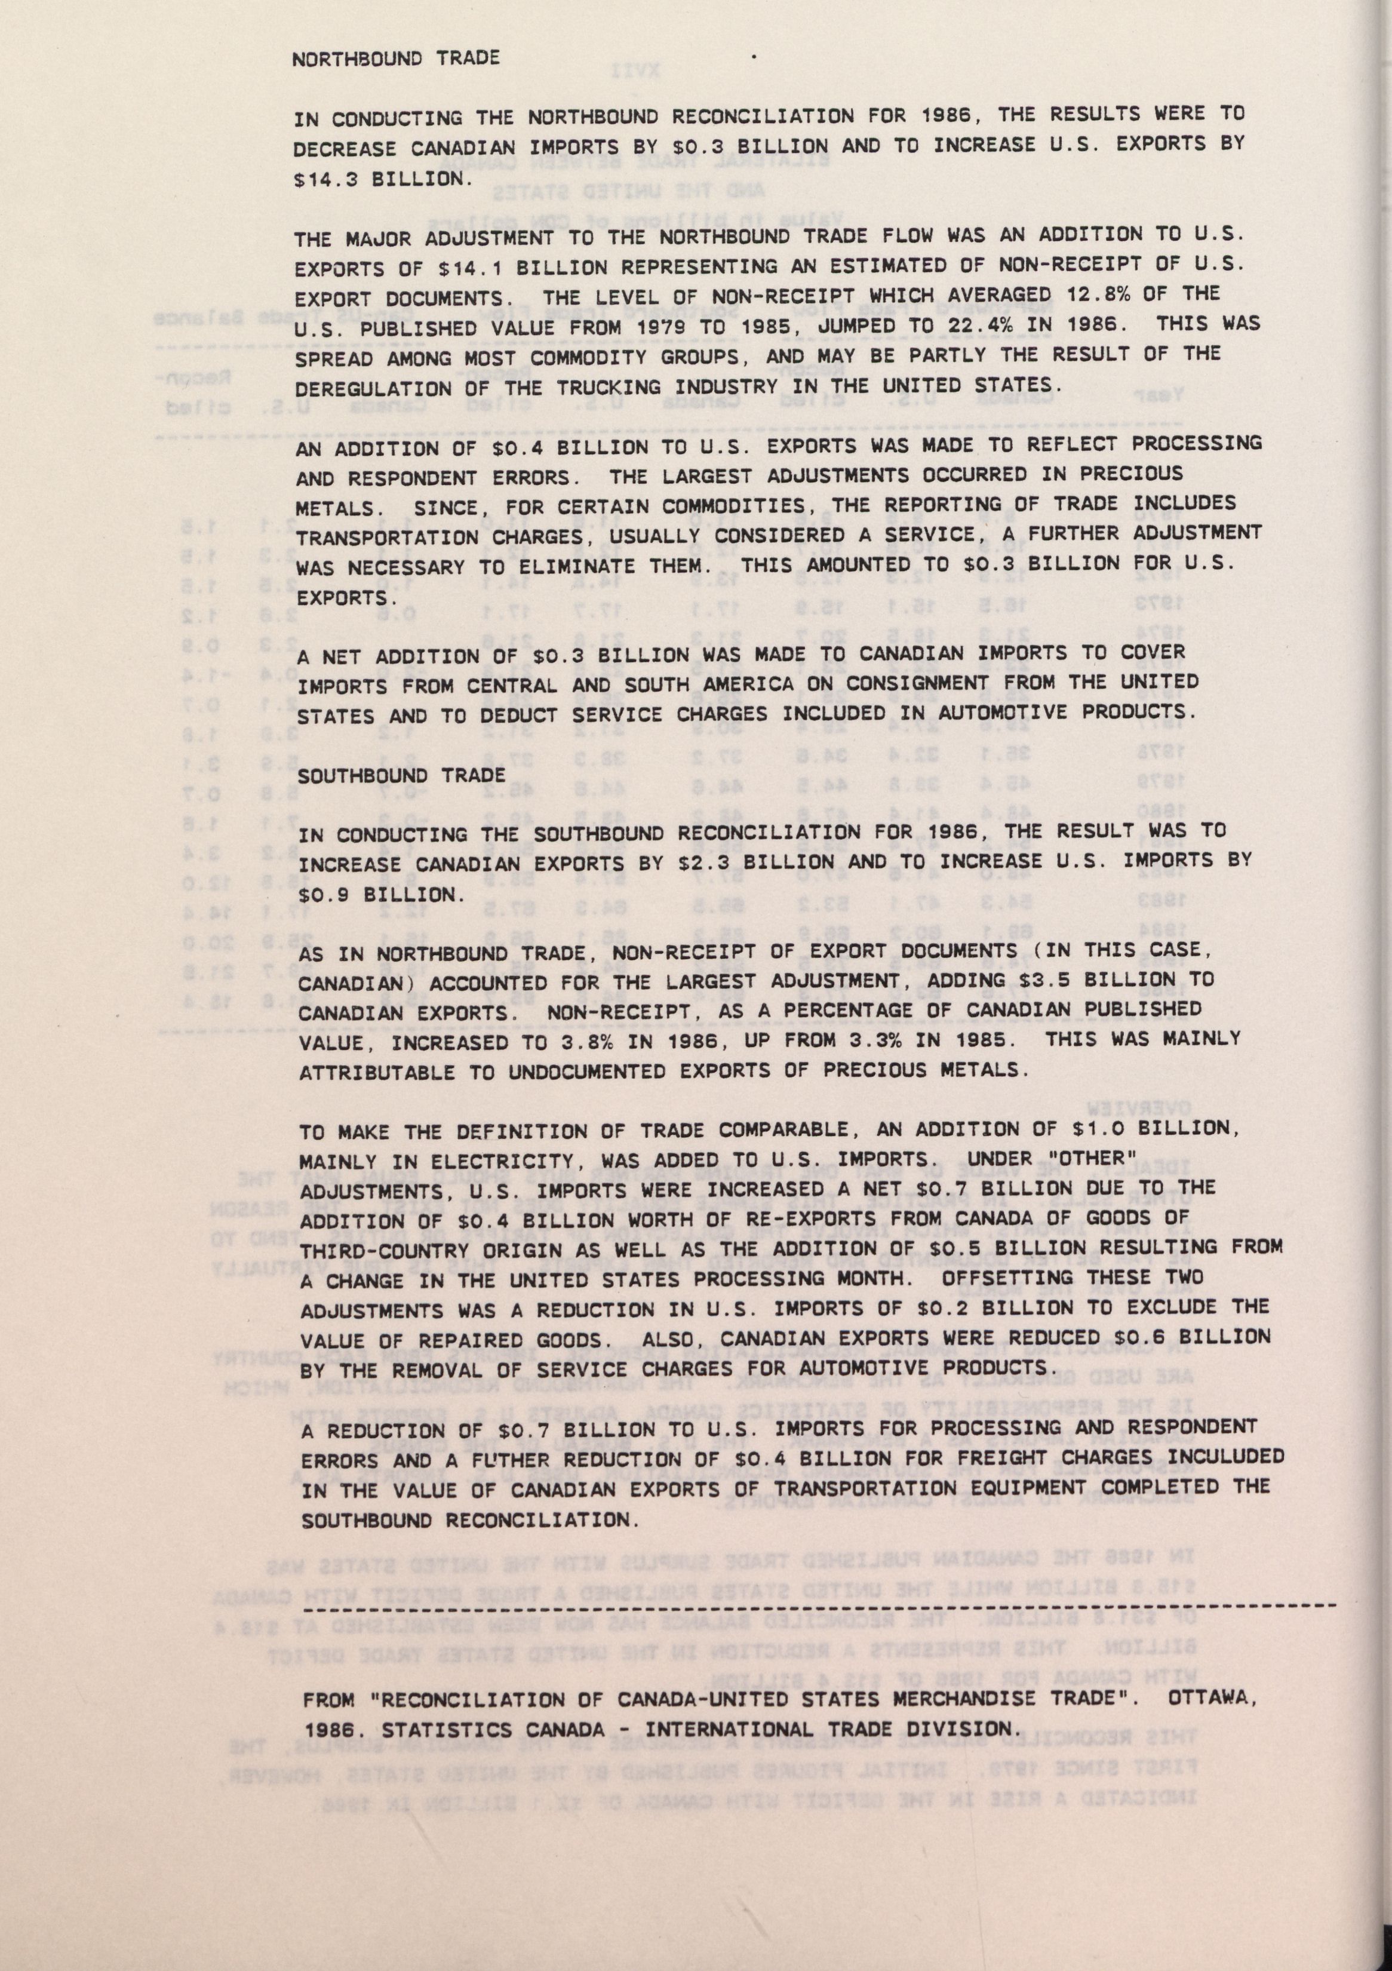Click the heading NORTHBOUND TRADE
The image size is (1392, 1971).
[396, 59]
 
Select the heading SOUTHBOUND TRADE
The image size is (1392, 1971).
[399, 773]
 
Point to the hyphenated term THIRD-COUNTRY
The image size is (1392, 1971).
[383, 1251]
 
